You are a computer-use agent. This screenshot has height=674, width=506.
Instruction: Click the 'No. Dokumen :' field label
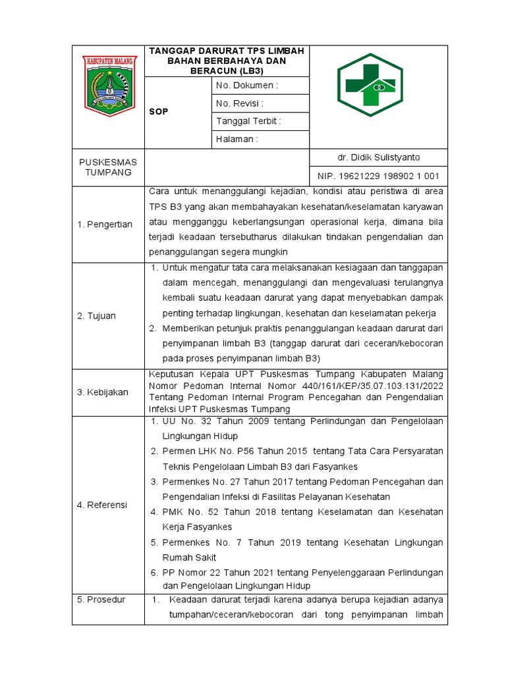[247, 86]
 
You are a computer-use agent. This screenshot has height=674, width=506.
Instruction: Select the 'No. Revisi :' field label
[240, 103]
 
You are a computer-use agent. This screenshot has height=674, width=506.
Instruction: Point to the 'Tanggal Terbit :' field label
[248, 121]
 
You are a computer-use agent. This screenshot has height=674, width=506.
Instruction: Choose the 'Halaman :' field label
[237, 139]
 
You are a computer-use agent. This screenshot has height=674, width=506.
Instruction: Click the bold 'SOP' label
[159, 112]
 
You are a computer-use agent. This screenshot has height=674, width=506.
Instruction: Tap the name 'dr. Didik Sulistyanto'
[378, 157]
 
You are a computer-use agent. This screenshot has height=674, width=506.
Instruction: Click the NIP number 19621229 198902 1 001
[378, 176]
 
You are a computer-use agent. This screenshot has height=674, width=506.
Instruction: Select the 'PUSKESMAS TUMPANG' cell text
[108, 167]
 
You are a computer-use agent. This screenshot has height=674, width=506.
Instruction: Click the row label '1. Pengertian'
[105, 224]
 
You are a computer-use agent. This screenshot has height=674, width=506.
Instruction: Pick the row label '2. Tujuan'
[96, 316]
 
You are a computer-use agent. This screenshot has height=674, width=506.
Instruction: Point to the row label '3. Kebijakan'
[103, 392]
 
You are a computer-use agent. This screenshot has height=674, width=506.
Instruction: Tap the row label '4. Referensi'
[102, 505]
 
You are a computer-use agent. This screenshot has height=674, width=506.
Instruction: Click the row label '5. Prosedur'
[101, 600]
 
